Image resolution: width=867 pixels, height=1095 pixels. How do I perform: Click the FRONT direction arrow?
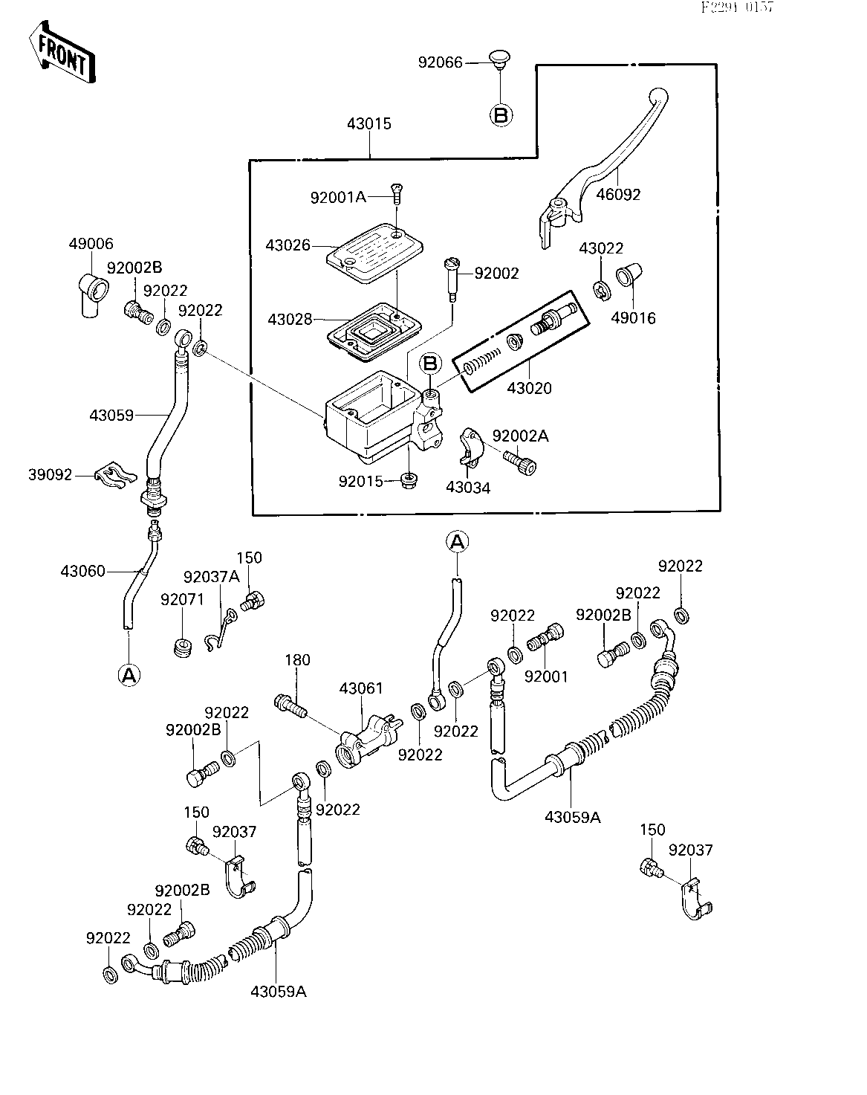62,54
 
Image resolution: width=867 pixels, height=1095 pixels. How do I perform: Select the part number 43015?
368,123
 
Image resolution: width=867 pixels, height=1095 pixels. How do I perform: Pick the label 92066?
440,62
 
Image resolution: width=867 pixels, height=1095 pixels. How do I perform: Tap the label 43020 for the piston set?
529,388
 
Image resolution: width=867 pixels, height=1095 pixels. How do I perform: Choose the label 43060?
83,571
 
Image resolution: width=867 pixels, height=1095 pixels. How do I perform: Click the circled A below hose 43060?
129,674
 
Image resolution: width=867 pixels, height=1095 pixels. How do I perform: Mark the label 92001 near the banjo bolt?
545,677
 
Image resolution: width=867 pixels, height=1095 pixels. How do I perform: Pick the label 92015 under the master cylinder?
360,481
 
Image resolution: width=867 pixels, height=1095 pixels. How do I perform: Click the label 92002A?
521,436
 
